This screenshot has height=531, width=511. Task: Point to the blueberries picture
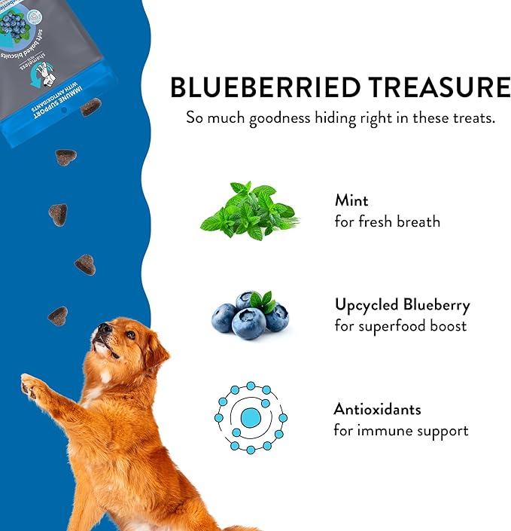pos(250,315)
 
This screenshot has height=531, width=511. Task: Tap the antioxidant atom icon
pos(251,417)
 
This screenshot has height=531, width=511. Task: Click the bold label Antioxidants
pos(378,410)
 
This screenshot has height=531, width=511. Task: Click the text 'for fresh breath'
pos(388,222)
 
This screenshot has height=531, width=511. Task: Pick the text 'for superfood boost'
pos(400,326)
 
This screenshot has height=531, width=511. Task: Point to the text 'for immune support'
pos(401,431)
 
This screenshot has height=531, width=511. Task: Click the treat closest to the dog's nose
pos(58,316)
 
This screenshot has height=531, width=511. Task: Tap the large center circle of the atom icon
pos(251,417)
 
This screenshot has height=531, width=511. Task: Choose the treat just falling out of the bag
pos(91,108)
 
